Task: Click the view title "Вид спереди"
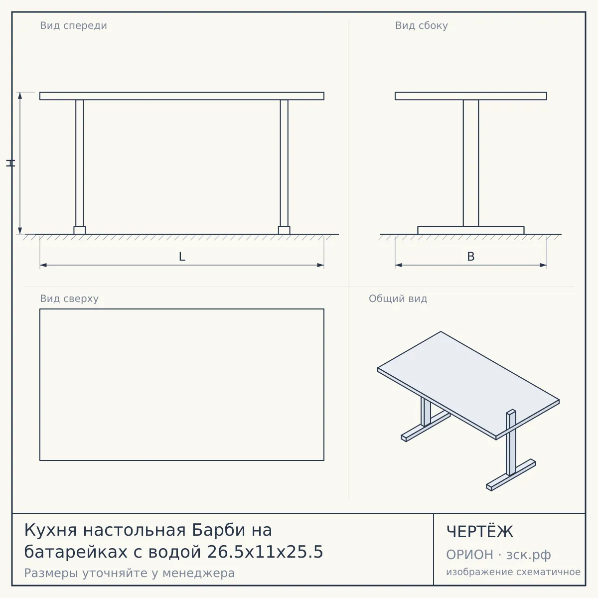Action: coord(74,26)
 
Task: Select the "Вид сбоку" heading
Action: coord(422,26)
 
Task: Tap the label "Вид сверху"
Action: coord(69,299)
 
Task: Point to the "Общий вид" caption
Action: coord(398,299)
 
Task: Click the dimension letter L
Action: coord(182,257)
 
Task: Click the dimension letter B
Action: coord(471,257)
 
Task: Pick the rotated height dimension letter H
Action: coord(10,163)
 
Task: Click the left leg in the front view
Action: coord(79,163)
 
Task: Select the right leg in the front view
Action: coord(284,163)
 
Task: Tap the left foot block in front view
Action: coord(79,230)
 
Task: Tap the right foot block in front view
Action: coord(284,230)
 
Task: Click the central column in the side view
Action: coord(471,163)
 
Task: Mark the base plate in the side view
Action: coord(471,230)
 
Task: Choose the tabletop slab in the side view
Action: coord(471,96)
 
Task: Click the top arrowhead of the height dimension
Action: coord(20,96)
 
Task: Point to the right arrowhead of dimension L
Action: coord(320,265)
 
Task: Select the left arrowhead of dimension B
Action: coord(399,265)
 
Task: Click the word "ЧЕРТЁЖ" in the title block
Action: coord(480,532)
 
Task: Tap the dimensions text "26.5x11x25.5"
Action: coord(265,552)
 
